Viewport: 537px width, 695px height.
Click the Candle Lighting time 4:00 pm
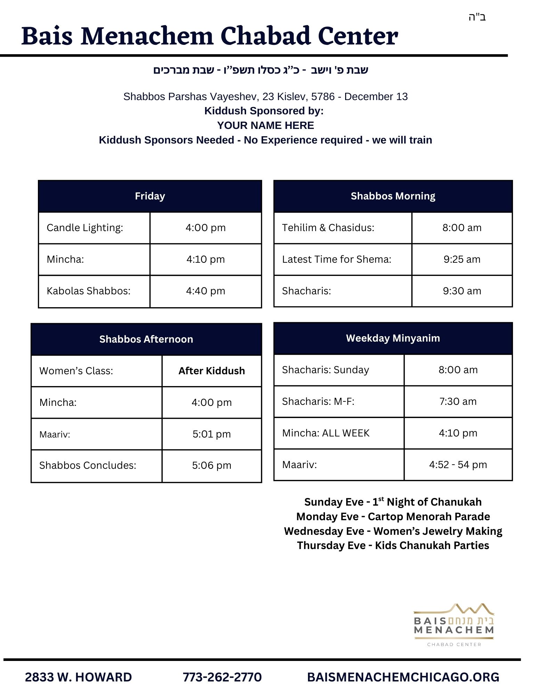[x=205, y=228]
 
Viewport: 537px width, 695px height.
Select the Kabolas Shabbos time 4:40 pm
[x=205, y=291]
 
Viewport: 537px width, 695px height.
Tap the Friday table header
[x=150, y=196]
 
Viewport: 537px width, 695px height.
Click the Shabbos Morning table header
[x=393, y=196]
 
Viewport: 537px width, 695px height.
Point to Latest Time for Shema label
[x=336, y=260]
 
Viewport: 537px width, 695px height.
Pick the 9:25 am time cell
[x=462, y=260]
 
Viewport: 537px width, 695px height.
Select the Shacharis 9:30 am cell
[x=462, y=291]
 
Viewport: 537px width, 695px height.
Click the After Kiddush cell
[x=211, y=371]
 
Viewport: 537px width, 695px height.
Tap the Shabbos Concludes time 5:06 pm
[x=211, y=466]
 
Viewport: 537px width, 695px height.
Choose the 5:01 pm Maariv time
[x=211, y=434]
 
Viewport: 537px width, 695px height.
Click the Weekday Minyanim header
[x=393, y=338]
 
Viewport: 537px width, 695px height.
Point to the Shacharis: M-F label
[x=318, y=402]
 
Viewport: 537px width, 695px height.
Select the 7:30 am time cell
[x=458, y=402]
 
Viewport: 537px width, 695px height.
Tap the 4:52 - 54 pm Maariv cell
[x=458, y=465]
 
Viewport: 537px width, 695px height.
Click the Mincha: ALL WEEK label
[x=326, y=433]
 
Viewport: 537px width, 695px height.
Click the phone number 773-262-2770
[x=222, y=677]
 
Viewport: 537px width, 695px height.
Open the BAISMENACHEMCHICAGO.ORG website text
[x=403, y=677]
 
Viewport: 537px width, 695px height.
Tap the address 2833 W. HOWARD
[x=79, y=677]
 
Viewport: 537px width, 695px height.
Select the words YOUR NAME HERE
[x=266, y=125]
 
